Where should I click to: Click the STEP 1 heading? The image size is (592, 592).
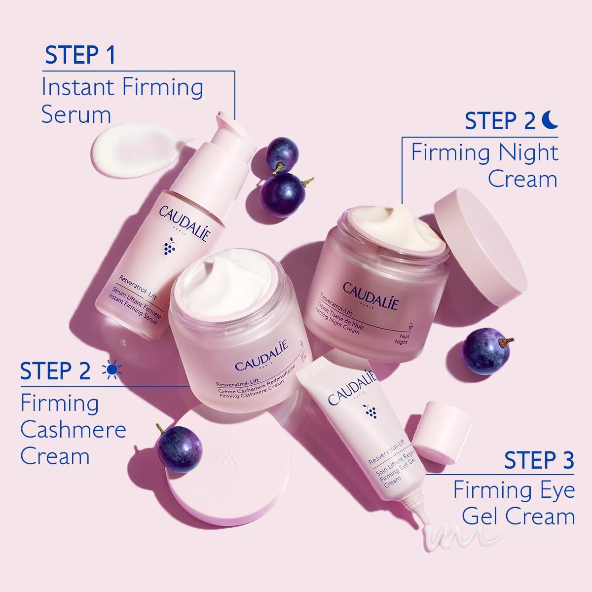pyautogui.click(x=80, y=55)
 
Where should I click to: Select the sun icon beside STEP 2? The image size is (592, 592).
pyautogui.click(x=111, y=370)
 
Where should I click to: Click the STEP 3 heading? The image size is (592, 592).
pyautogui.click(x=539, y=460)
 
